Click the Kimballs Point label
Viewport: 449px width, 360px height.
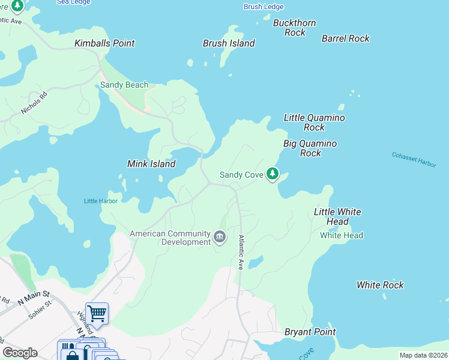104,43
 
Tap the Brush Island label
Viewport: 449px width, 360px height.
229,43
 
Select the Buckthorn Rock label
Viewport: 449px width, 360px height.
294,28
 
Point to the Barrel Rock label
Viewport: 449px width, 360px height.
346,38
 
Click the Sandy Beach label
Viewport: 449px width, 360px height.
124,85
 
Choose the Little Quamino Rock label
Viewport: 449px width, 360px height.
314,122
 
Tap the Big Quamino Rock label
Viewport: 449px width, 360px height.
310,148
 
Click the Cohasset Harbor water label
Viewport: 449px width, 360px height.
414,159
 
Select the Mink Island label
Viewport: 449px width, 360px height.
151,164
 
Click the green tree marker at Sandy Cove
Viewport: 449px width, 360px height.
273,174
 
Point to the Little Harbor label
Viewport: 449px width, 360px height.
100,201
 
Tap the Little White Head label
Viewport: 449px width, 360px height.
337,217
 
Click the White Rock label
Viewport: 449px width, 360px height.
380,285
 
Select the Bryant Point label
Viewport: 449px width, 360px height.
310,332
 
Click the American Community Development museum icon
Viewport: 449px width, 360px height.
220,238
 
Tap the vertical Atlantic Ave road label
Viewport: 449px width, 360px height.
241,252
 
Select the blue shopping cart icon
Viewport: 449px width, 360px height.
97,313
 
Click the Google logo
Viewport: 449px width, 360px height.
20,353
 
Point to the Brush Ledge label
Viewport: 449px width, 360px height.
263,7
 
